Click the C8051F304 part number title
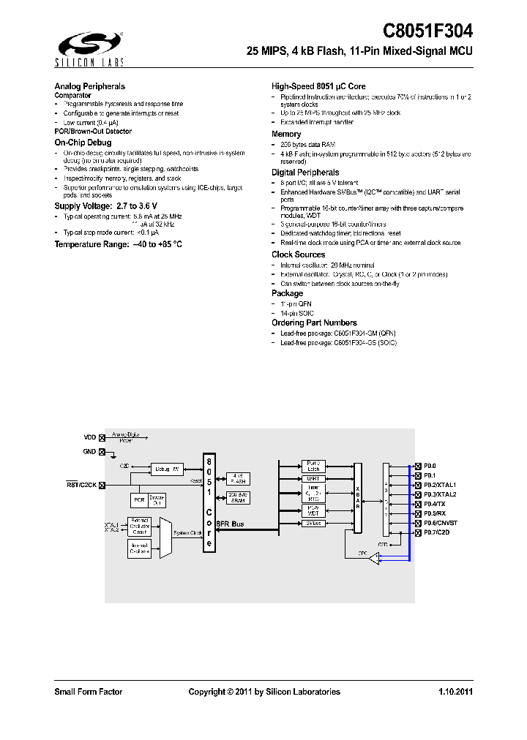pyautogui.click(x=427, y=31)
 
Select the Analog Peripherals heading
pyautogui.click(x=90, y=86)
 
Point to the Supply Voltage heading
pyautogui.click(x=106, y=206)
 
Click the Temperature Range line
pyautogui.click(x=118, y=244)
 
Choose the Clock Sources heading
pyautogui.click(x=298, y=254)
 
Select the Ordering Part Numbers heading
pyautogui.click(x=314, y=322)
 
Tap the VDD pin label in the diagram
pyautogui.click(x=89, y=437)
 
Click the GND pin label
pyautogui.click(x=89, y=452)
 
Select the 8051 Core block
pyautogui.click(x=209, y=502)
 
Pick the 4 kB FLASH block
pyautogui.click(x=238, y=477)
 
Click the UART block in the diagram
pyautogui.click(x=313, y=478)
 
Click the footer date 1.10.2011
pyautogui.click(x=455, y=692)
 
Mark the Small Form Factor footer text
pyautogui.click(x=89, y=692)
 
